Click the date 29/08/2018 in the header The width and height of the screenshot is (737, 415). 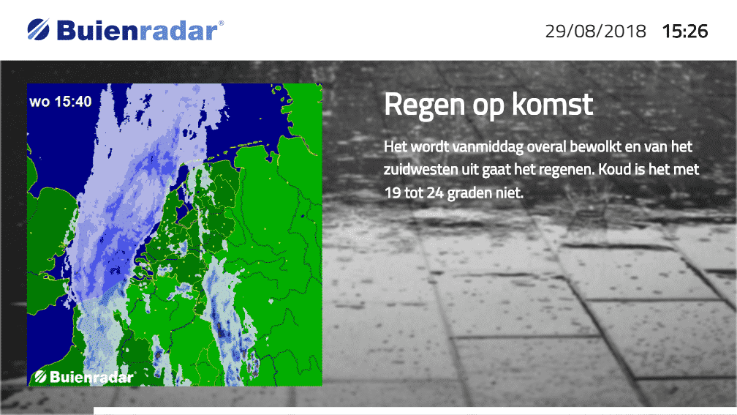point(595,31)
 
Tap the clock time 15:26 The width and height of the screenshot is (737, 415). point(685,31)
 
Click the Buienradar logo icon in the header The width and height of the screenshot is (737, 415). point(38,29)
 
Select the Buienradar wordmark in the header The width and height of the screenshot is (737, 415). point(137,31)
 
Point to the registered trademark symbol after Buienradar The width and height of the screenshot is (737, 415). point(222,23)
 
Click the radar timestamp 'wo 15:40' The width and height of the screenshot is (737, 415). point(60,102)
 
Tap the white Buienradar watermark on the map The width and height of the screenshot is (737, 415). point(84,376)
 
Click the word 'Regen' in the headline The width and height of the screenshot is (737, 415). point(424,105)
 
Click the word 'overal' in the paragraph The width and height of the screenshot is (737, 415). point(546,147)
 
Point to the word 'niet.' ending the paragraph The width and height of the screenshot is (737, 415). point(510,192)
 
